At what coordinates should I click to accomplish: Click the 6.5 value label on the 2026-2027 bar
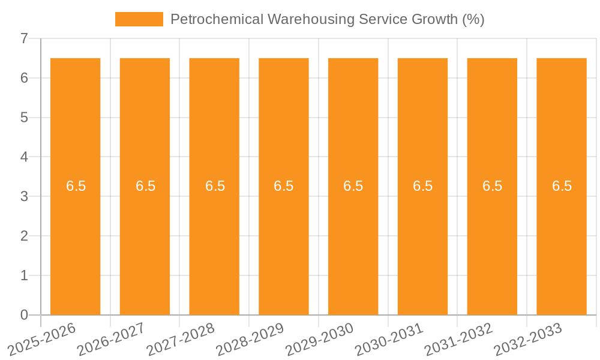(145, 186)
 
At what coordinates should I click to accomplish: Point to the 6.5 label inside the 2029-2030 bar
(353, 186)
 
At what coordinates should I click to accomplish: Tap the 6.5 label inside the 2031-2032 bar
(492, 186)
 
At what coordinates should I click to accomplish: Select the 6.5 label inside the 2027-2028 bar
(215, 186)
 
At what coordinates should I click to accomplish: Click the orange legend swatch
(139, 19)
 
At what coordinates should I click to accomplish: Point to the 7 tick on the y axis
(24, 38)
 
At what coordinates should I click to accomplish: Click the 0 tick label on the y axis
(24, 315)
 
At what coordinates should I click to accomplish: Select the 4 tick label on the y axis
(24, 157)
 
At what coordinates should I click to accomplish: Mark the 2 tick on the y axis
(24, 236)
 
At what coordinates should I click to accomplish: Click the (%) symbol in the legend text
(473, 19)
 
